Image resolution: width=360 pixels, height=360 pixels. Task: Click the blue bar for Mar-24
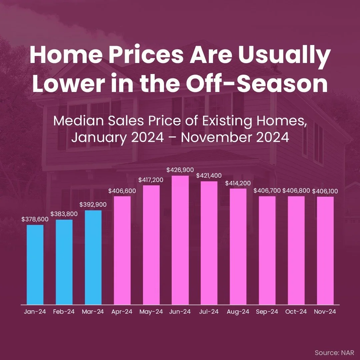(x=93, y=257)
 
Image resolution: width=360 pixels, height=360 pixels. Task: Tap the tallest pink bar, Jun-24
(x=180, y=240)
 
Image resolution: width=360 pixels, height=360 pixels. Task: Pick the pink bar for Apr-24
(x=122, y=250)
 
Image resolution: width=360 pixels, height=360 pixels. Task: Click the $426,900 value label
(x=180, y=170)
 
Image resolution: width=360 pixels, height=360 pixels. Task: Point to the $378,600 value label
(x=35, y=219)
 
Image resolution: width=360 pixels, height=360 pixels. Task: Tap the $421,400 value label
(x=209, y=175)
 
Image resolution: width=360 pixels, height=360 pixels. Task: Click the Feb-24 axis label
(x=64, y=312)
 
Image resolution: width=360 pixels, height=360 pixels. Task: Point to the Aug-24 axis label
(x=238, y=312)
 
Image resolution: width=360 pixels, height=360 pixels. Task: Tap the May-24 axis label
(x=151, y=312)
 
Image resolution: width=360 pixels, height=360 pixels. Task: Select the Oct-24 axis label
(x=296, y=312)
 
